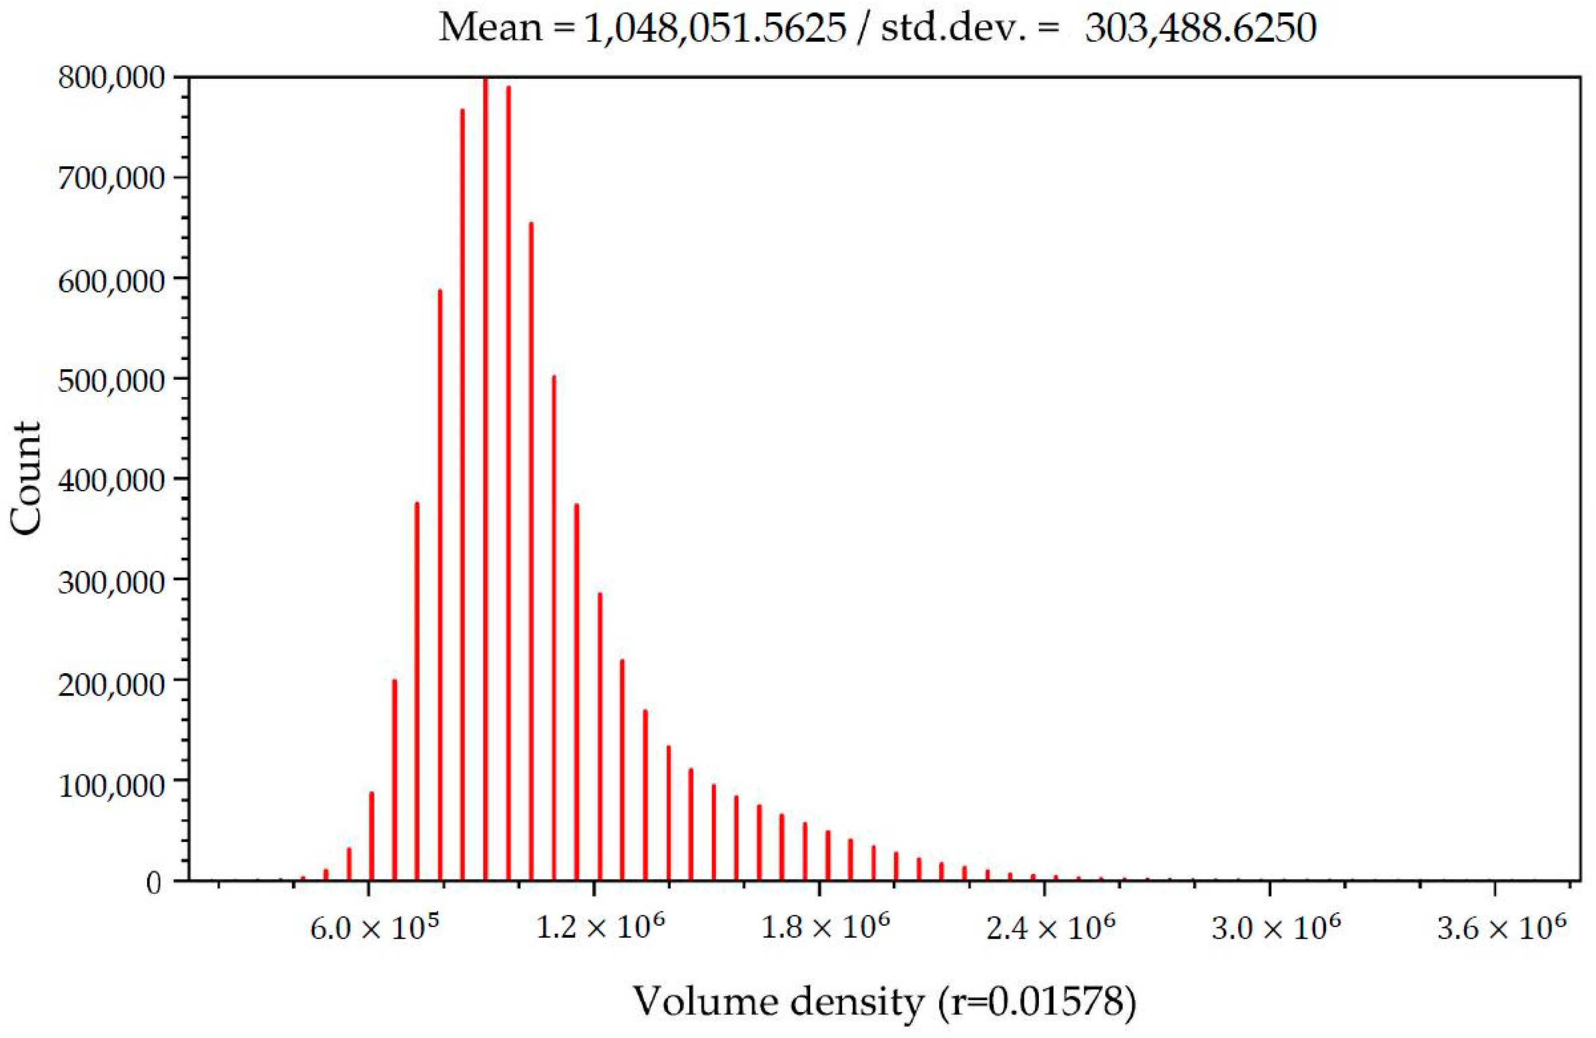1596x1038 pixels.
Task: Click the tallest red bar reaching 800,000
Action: pos(486,470)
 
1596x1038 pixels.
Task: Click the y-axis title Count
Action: pos(27,478)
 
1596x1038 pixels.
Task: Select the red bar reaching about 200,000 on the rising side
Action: pos(394,778)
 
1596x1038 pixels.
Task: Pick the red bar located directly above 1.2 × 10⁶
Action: pos(600,738)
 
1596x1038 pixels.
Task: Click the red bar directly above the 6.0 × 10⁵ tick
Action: pos(371,838)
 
